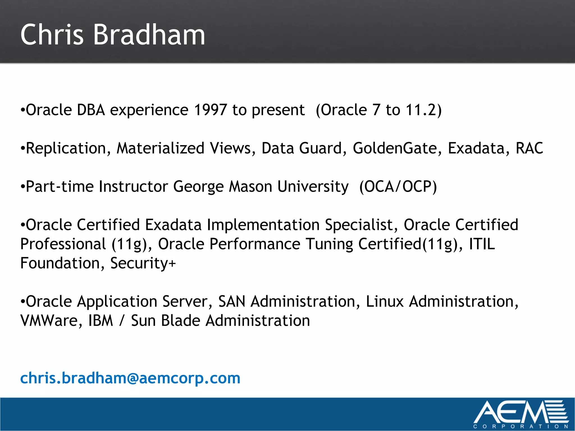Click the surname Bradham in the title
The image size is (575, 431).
point(149,35)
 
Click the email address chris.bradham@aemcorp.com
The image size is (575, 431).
point(130,378)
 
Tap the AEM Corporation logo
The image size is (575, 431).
point(521,414)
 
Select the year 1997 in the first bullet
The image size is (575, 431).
point(210,110)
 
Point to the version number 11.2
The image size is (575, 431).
point(421,110)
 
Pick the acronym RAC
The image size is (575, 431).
point(530,148)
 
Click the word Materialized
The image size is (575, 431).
point(160,148)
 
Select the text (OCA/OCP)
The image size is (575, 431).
point(398,187)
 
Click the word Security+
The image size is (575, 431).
point(143,263)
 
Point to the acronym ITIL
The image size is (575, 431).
point(482,244)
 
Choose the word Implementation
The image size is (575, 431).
point(263,225)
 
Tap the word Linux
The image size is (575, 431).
point(385,302)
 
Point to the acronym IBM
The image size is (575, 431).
point(101,321)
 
